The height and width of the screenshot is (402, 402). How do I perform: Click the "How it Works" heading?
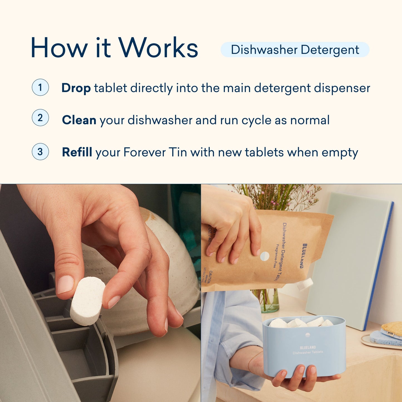[x=114, y=48]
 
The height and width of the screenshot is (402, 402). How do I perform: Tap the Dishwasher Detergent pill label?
[x=295, y=50]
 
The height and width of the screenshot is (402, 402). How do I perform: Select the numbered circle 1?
[x=40, y=87]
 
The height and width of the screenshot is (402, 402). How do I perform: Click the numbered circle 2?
[x=40, y=118]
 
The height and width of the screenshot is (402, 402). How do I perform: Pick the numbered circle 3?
[x=40, y=152]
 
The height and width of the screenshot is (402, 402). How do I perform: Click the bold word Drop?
[x=76, y=88]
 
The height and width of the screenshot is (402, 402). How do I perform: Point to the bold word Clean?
[x=79, y=120]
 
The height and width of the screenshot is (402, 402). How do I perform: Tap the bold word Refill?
[x=77, y=152]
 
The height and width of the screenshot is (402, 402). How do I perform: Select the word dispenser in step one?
[x=342, y=88]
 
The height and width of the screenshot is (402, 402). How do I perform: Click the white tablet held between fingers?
[x=87, y=301]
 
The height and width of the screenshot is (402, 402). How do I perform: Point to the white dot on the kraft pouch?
[x=265, y=256]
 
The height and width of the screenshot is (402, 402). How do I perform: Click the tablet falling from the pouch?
[x=305, y=284]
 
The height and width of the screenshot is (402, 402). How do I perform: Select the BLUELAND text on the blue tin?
[x=308, y=347]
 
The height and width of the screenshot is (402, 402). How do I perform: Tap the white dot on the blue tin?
[x=308, y=335]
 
